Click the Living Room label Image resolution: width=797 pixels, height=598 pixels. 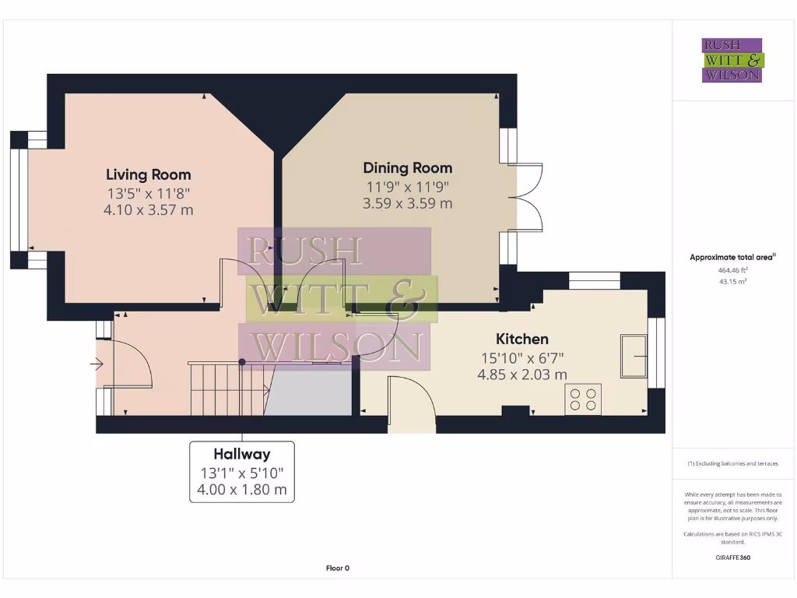pos(148,174)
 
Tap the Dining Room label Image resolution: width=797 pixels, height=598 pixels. pos(407,167)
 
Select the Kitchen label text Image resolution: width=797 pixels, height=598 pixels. pos(522,339)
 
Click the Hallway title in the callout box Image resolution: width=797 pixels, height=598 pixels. pos(242,454)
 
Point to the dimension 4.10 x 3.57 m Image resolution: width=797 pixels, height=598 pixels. pos(148,209)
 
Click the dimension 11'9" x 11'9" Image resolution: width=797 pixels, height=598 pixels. pos(407,186)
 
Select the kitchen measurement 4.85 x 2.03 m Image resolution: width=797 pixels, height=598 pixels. pos(522,375)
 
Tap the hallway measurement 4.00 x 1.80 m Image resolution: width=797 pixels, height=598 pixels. pos(242,490)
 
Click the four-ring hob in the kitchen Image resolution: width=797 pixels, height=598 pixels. pos(583,399)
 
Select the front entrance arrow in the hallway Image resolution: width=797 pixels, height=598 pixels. pos(97,363)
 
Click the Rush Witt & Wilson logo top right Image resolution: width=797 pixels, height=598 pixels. pos(732,61)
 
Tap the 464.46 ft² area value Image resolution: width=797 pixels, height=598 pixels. pos(732,270)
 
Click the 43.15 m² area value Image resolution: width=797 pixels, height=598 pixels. pos(732,281)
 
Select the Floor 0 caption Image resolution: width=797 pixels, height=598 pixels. pos(337,568)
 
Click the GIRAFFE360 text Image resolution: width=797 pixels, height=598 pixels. pos(732,558)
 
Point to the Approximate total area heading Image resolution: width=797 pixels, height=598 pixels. pos(732,257)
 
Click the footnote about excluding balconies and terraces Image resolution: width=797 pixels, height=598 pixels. pos(732,463)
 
